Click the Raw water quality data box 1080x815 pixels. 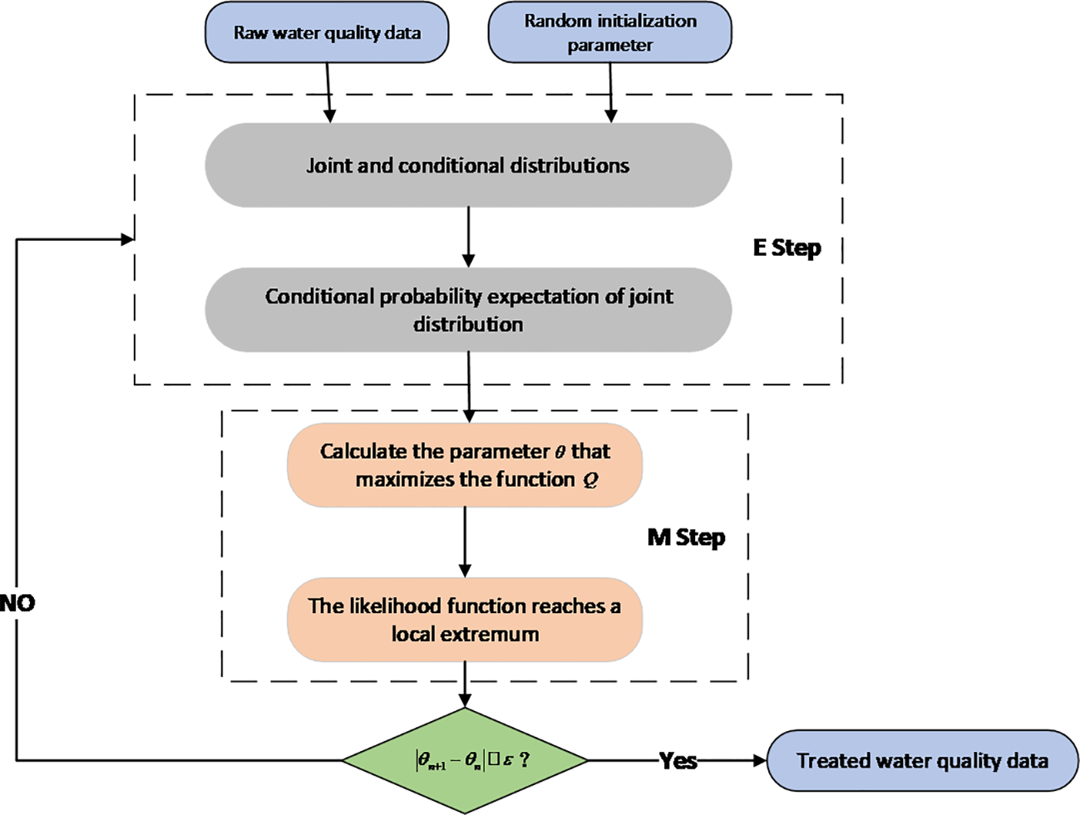click(x=327, y=33)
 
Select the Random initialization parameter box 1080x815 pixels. click(x=609, y=33)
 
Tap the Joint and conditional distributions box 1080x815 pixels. click(x=468, y=165)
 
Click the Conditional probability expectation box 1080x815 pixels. click(x=468, y=310)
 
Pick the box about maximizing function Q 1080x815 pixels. click(x=465, y=465)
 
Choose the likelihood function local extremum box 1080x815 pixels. click(x=465, y=620)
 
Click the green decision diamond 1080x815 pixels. click(x=465, y=760)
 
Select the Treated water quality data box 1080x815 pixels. click(x=922, y=760)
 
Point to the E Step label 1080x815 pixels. click(x=787, y=248)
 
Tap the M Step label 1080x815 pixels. click(x=686, y=538)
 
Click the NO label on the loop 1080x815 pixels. click(x=17, y=603)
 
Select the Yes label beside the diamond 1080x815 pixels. click(x=678, y=760)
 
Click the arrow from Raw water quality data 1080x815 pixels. click(x=328, y=91)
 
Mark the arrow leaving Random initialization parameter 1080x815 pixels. click(x=610, y=91)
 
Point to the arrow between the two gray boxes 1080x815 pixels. click(x=468, y=237)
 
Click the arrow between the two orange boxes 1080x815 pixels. click(x=465, y=542)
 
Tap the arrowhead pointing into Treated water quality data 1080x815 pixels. click(x=759, y=760)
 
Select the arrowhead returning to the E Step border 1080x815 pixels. click(x=127, y=239)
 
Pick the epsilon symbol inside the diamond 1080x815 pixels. click(x=508, y=760)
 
